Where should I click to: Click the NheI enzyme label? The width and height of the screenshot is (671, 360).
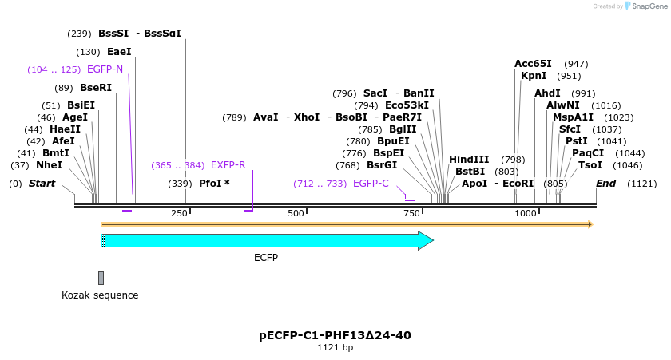point(49,165)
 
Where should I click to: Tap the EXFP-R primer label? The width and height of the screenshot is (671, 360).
point(228,165)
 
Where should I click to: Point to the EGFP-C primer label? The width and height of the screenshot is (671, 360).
point(371,184)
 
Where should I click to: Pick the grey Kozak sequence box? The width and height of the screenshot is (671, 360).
point(101,278)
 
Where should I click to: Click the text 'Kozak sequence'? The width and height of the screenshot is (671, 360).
point(100,295)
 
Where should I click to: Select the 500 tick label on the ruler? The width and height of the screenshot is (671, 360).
point(296,213)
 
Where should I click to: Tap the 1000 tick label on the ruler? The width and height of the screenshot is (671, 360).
point(525,213)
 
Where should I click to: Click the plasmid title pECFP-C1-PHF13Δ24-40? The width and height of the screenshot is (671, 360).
point(335,335)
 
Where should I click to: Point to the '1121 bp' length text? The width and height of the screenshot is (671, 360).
point(335,348)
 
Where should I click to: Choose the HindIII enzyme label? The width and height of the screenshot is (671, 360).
point(469,160)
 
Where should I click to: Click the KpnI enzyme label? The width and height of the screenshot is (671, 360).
point(534,76)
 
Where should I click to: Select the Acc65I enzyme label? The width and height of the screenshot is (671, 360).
point(533,64)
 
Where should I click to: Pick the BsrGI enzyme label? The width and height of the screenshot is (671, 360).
point(382,165)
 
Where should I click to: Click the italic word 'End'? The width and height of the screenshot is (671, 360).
point(606,184)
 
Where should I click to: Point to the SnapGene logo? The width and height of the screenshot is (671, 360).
point(645,6)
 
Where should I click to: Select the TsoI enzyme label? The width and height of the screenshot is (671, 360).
point(590,165)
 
